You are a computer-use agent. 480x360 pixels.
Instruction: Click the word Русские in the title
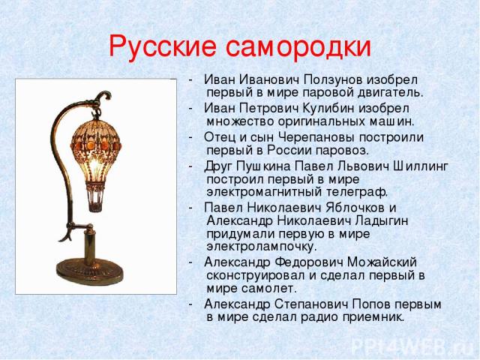pyautogui.click(x=163, y=46)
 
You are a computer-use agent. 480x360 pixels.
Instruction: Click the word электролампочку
pyautogui.click(x=261, y=247)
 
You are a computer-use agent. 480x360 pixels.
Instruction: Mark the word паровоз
pyautogui.click(x=342, y=151)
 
